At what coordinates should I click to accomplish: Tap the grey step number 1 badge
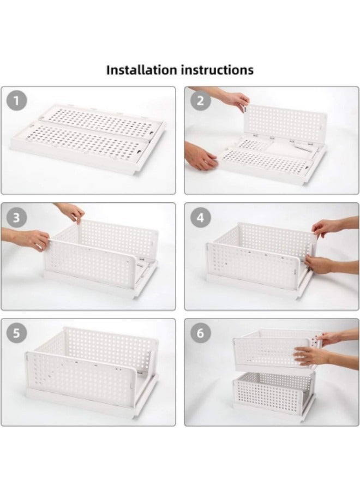tap(16, 101)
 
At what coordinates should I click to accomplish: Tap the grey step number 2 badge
tap(200, 101)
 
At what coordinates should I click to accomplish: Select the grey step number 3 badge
tap(16, 217)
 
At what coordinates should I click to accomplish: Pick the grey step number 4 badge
tap(200, 217)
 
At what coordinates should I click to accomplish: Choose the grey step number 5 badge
tap(16, 333)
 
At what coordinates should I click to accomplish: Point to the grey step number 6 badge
tap(200, 333)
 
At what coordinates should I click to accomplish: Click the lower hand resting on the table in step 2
tap(200, 155)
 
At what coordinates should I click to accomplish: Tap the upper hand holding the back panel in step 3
tap(70, 212)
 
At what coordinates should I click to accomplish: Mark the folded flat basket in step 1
tap(88, 135)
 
